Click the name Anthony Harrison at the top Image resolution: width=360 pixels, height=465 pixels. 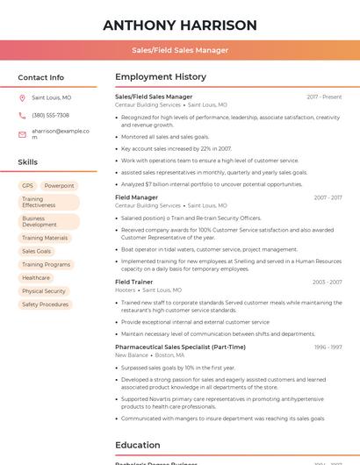(x=180, y=25)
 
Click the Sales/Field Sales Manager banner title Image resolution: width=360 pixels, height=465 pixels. (x=180, y=50)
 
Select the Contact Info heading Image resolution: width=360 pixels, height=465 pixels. (x=40, y=77)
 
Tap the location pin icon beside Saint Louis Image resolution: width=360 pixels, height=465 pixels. (x=22, y=98)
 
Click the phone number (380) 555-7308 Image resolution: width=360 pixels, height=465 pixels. (x=50, y=115)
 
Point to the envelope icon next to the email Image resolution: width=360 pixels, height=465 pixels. (x=22, y=133)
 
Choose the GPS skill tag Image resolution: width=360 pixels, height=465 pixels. (x=27, y=186)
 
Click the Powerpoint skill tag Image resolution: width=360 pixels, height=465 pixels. (x=59, y=186)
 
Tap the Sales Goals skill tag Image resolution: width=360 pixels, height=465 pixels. (x=36, y=251)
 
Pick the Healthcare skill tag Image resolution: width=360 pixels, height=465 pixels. (x=36, y=277)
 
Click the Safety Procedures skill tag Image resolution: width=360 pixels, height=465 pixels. (x=45, y=304)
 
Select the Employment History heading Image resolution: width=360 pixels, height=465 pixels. (x=161, y=77)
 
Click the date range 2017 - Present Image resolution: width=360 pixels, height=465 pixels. (x=324, y=97)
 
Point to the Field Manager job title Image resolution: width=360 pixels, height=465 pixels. (x=136, y=197)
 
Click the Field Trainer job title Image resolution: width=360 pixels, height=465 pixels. (x=134, y=282)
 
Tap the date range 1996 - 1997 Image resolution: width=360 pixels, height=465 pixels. (x=328, y=347)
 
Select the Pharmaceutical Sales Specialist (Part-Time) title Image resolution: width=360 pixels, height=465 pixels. (x=180, y=347)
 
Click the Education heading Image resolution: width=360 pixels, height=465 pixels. (x=138, y=445)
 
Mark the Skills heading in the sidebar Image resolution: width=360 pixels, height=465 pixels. (x=28, y=162)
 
